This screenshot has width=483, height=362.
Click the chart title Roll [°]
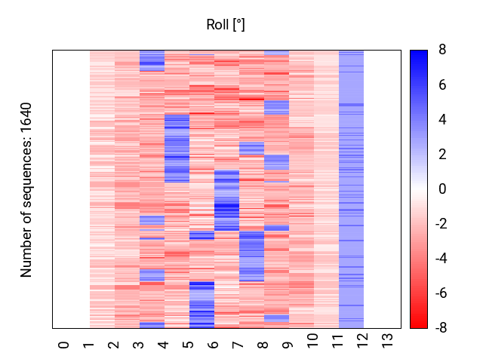[226, 25]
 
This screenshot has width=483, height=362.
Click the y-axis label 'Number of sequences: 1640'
[26, 189]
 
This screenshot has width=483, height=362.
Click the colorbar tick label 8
[442, 51]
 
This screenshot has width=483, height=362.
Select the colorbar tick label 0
[442, 189]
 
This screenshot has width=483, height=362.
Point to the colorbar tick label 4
[442, 120]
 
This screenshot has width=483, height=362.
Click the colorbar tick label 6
[442, 85]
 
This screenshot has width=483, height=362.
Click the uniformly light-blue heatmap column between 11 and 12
[351, 189]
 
